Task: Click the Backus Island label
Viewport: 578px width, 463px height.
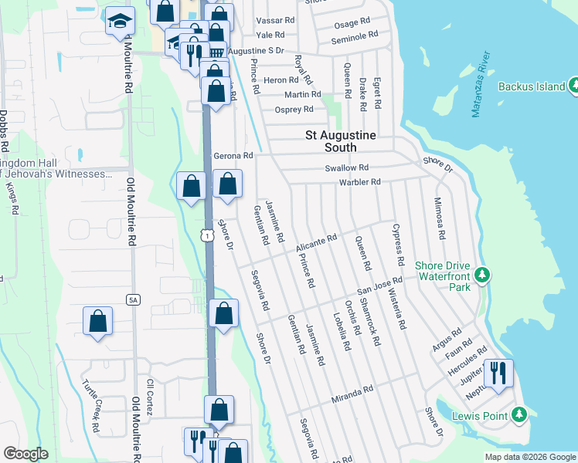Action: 532,86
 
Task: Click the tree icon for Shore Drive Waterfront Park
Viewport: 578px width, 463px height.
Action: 482,275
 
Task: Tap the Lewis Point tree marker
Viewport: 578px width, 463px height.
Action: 519,417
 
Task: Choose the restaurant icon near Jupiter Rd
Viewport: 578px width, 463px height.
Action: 498,373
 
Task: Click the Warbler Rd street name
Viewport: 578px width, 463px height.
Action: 360,182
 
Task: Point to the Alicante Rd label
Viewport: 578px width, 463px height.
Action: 317,244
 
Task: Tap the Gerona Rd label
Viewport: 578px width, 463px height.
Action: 233,155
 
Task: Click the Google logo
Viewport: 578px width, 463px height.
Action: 25,454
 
